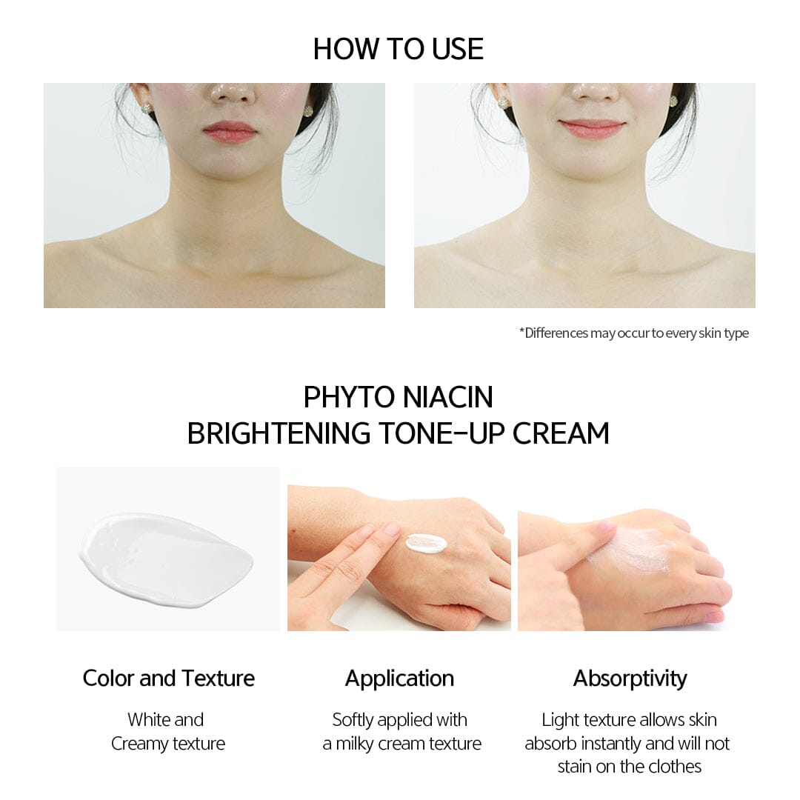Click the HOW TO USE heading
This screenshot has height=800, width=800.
399,49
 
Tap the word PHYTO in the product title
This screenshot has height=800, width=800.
347,397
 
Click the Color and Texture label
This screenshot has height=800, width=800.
169,678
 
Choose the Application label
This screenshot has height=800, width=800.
399,678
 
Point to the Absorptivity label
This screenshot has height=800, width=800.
630,678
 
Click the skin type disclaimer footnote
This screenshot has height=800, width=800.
633,333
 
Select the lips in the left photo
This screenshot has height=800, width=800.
230,132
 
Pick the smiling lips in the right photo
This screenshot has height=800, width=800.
592,127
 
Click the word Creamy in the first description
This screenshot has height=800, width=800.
139,744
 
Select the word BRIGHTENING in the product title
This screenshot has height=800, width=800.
279,433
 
